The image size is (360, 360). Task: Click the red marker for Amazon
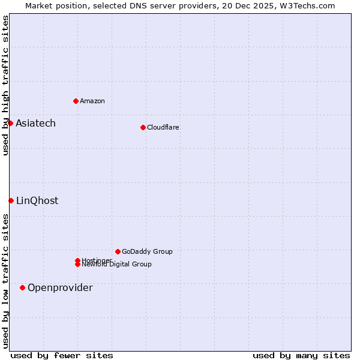(x=76, y=101)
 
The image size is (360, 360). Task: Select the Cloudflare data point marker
(x=143, y=127)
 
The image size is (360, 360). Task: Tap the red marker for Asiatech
(x=10, y=123)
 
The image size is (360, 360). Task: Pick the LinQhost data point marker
(x=11, y=200)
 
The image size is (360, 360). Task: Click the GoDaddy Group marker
(x=118, y=251)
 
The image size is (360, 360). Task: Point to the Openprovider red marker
(x=22, y=287)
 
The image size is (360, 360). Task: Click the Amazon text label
(x=92, y=101)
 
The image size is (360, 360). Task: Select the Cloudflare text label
(x=163, y=127)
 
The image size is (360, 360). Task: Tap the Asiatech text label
(x=35, y=123)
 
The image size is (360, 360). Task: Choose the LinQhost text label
(x=37, y=200)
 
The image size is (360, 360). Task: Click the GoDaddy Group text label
(x=147, y=251)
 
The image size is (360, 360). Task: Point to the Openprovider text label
(x=60, y=287)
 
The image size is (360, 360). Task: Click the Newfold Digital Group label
(x=117, y=265)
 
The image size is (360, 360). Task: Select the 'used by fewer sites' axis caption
(x=62, y=355)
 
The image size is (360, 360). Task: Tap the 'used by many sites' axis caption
(x=301, y=355)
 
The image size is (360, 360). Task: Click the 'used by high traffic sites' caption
(x=5, y=85)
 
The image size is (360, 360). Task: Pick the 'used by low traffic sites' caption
(x=5, y=280)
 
